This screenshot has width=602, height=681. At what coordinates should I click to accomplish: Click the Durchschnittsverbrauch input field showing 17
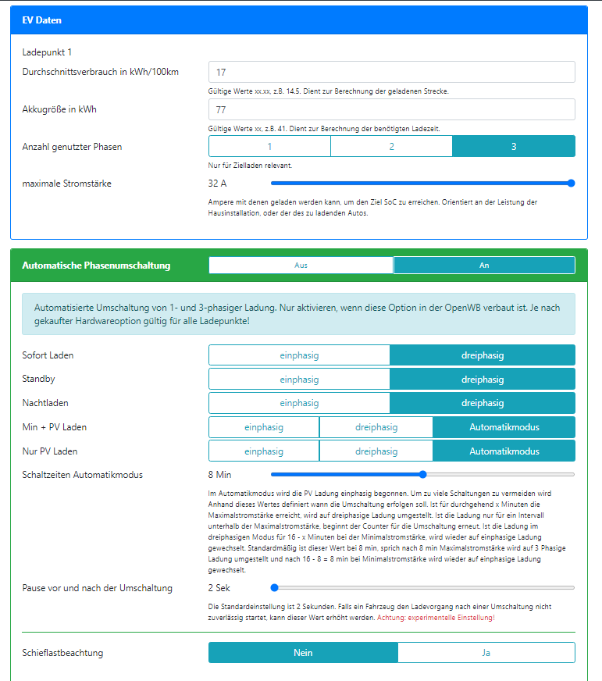pos(391,72)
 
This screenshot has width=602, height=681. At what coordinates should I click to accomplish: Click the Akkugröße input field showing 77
pos(391,109)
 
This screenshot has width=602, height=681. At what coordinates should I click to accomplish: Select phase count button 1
pos(269,146)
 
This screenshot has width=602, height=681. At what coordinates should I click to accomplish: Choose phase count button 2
pos(391,146)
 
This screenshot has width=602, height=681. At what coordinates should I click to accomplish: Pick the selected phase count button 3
pos(514,146)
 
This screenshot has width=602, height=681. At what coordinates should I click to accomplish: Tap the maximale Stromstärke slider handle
pos(571,184)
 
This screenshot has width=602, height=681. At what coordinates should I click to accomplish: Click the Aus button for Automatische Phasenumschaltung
pos(301,266)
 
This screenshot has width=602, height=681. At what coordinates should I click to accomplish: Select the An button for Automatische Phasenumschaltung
pos(484,266)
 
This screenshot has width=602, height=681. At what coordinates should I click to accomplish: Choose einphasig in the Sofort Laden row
pos(299,355)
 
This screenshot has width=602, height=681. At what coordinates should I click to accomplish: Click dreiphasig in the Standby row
pos(483,380)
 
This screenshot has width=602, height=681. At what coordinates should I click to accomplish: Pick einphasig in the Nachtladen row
pos(299,403)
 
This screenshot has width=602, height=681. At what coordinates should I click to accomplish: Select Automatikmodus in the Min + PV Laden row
pos(504,427)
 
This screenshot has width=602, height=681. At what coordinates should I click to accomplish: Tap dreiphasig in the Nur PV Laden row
pos(376,451)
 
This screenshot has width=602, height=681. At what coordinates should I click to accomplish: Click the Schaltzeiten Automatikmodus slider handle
pos(422,474)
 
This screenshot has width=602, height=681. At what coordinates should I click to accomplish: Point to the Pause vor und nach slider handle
pos(274,587)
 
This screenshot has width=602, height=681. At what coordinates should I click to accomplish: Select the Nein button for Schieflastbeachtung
pos(303,652)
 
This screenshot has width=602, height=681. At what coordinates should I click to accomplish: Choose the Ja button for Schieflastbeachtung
pos(486,652)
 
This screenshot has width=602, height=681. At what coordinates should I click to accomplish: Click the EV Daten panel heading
pos(42,20)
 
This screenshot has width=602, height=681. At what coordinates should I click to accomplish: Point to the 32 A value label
pos(217,184)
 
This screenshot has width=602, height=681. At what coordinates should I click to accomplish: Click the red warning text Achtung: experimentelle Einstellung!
pos(436,618)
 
